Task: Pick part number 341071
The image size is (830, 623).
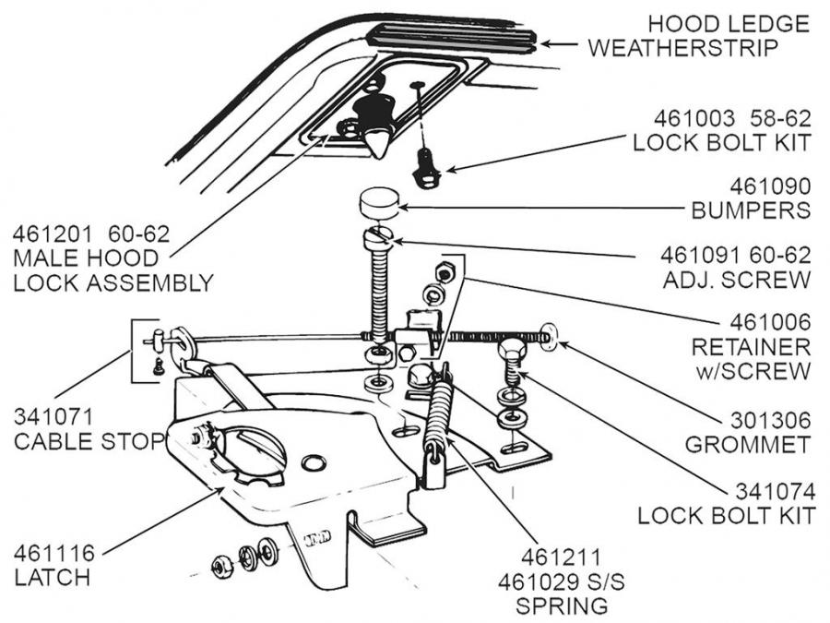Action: click(54, 417)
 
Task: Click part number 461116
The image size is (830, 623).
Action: click(54, 554)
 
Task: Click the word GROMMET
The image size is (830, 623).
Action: click(748, 444)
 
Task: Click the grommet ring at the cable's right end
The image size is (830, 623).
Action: click(549, 337)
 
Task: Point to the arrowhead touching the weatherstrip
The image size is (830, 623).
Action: click(545, 42)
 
